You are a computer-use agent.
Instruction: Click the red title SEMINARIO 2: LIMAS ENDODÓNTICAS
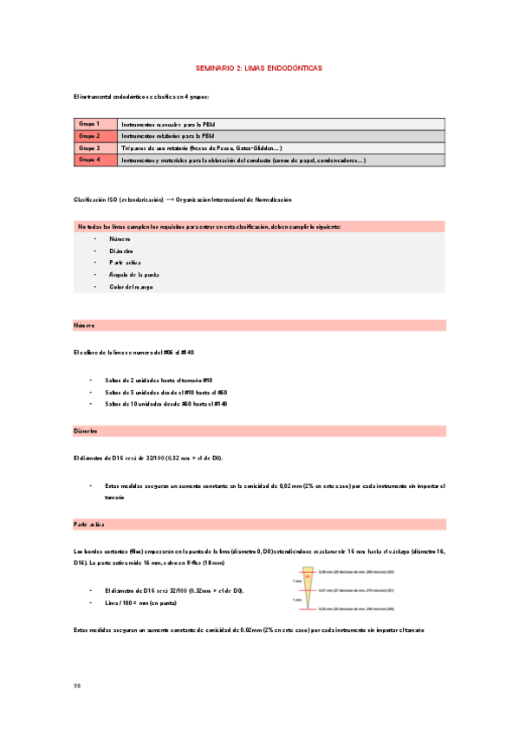pyautogui.click(x=259, y=67)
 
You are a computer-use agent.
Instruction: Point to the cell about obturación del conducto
pyautogui.click(x=243, y=160)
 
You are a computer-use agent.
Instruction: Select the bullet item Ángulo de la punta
pyautogui.click(x=134, y=275)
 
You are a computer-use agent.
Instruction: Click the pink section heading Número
pyautogui.click(x=85, y=325)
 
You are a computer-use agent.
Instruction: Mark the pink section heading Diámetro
pyautogui.click(x=86, y=431)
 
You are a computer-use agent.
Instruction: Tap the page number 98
pyautogui.click(x=77, y=686)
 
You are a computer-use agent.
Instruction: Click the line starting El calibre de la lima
pyautogui.click(x=134, y=353)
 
